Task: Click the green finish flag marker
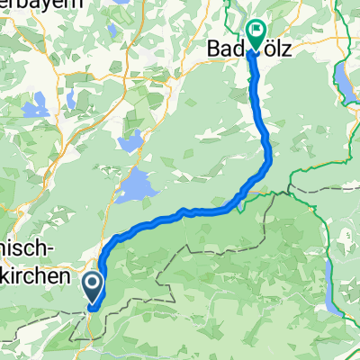coord(256,35)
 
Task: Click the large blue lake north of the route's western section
coord(135,186)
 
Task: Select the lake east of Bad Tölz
coord(346,83)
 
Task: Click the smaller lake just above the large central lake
coord(131,139)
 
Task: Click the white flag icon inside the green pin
coord(256,32)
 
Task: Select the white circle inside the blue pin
coord(93,284)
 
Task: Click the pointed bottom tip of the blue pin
coord(93,301)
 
